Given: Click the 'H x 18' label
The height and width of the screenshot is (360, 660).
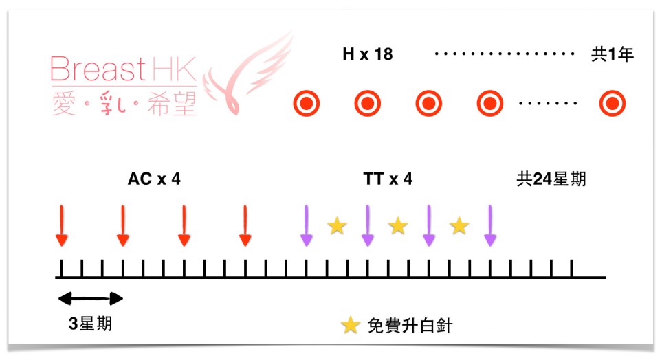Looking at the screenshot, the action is coord(368,54).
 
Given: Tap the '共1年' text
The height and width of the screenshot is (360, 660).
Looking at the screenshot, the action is coord(613,54).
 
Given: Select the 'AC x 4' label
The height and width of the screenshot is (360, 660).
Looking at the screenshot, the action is coord(154,180).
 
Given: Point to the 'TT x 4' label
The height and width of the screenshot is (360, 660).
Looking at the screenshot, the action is coord(388,180).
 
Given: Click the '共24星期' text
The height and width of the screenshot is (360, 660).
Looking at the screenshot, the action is coord(551,180).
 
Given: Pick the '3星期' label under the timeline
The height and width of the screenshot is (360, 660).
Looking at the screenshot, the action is coord(90,324).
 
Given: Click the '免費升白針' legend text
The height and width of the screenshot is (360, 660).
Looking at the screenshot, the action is coord(410,326).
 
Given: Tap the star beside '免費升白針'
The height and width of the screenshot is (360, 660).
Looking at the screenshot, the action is coord(351,326).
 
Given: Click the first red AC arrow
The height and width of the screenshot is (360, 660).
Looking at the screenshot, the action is coord(62,225).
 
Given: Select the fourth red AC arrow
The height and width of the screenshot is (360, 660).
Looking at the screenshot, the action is coord(245,225).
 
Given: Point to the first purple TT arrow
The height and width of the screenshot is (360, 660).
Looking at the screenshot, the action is coord(306,225).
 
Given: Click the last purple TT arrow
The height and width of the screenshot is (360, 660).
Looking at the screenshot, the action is coord(489,225).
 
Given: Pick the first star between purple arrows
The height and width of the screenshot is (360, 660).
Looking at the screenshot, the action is coord(336,225).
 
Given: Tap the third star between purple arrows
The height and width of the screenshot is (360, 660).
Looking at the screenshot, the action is coord(459,225).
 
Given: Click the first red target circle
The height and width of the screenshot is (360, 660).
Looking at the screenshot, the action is coord(306,104).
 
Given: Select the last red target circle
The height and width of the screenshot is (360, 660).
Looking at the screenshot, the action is coord(612,104).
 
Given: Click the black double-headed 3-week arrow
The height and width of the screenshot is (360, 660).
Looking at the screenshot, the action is coord(90,298).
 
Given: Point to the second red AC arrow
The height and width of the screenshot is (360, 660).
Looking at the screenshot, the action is coord(122,225).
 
